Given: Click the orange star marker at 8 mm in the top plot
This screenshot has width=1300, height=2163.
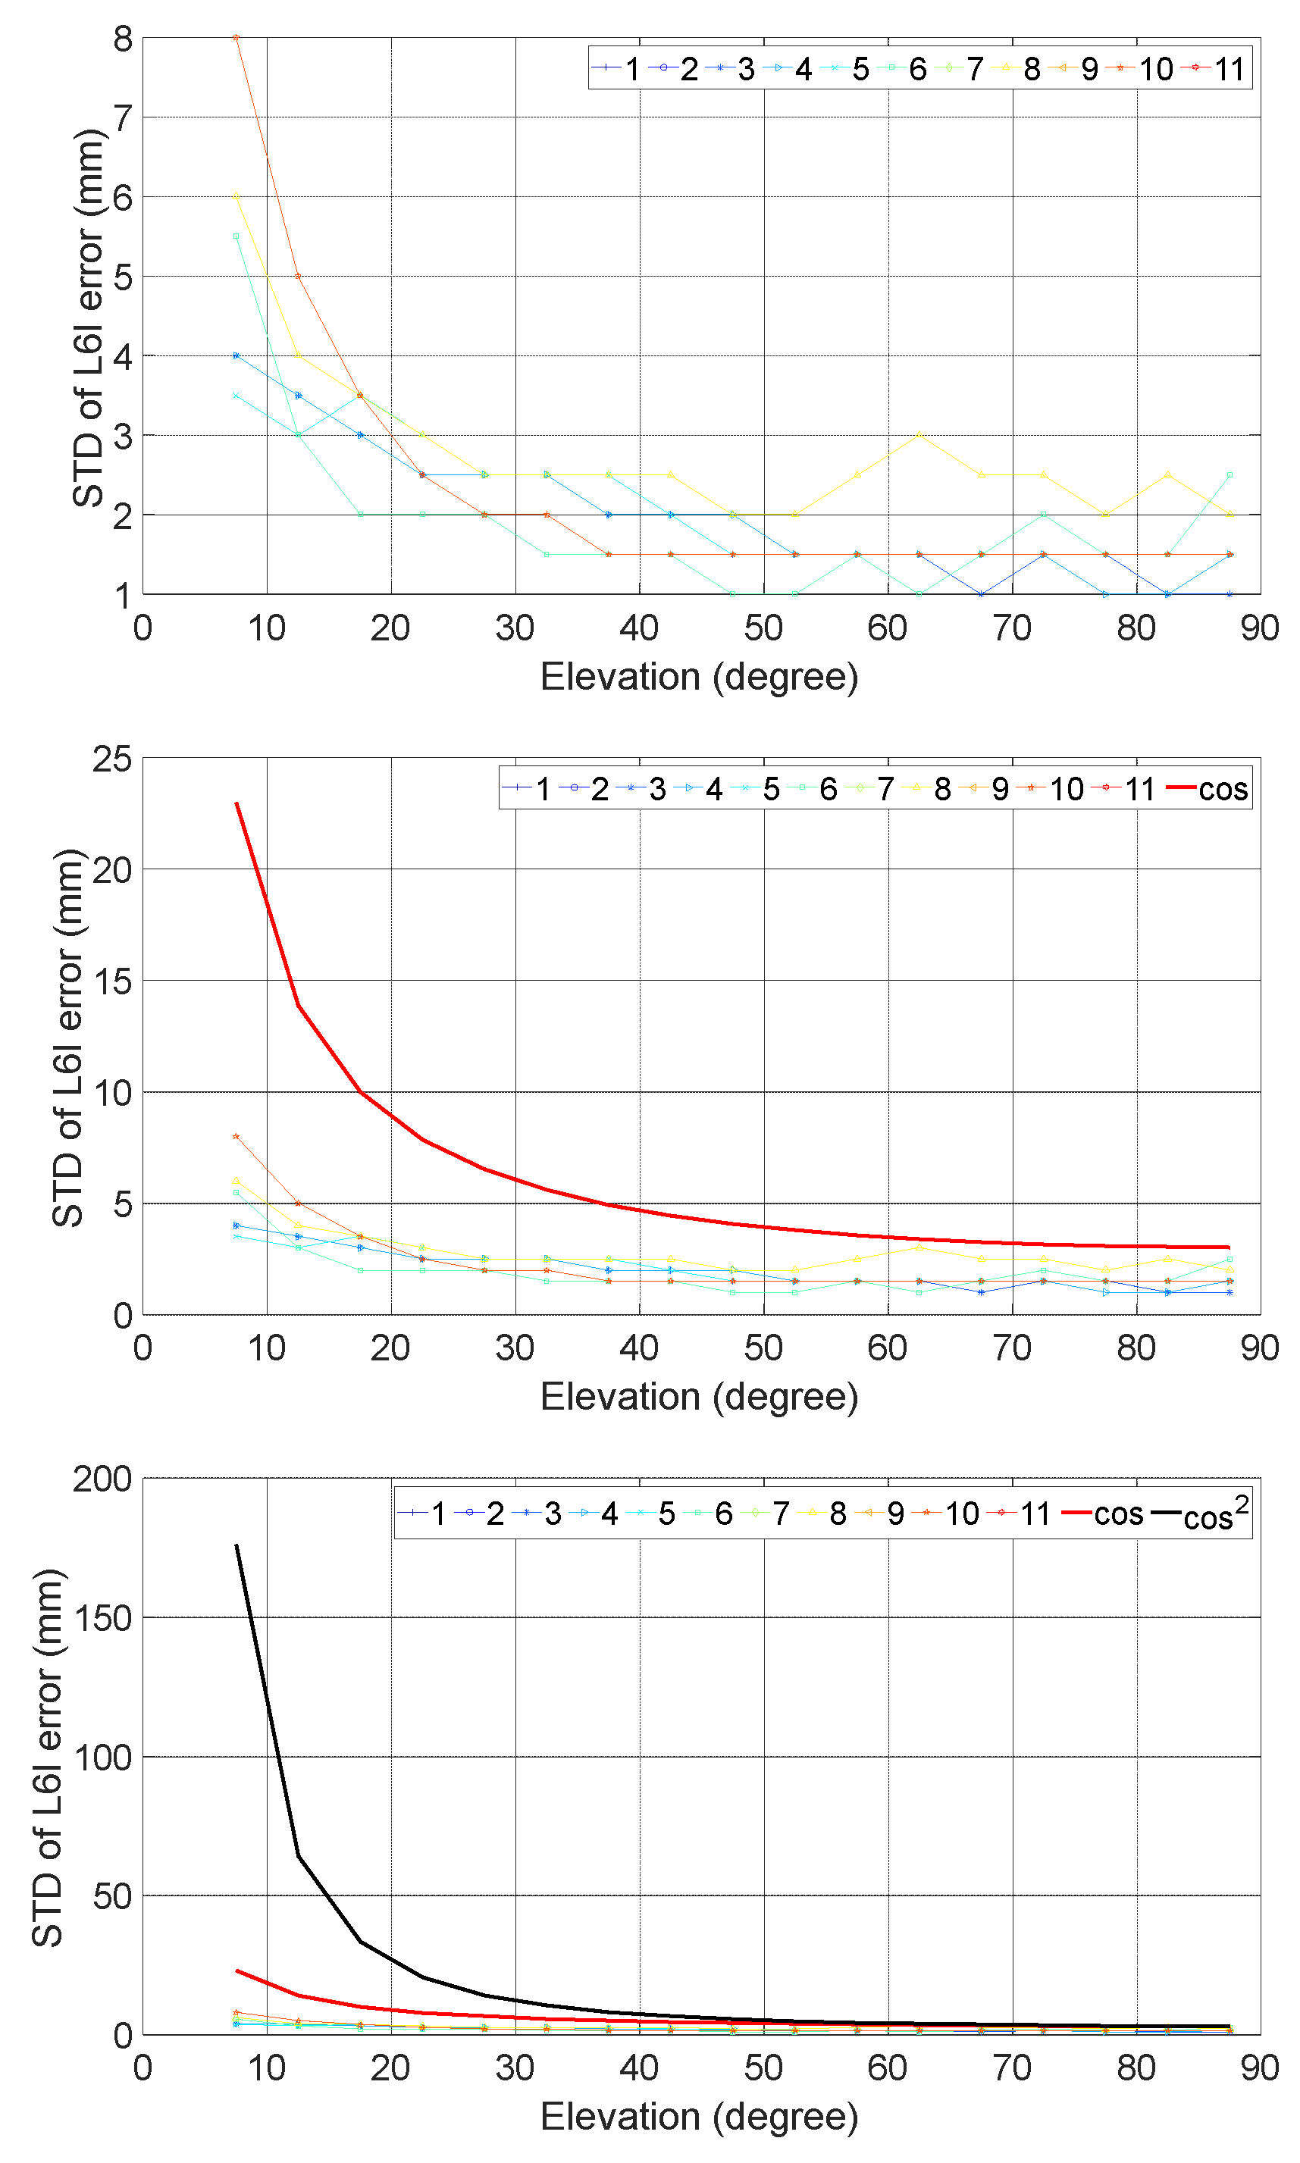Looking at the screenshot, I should [x=236, y=38].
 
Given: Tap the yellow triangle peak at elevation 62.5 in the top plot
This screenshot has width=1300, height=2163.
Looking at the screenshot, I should [x=919, y=434].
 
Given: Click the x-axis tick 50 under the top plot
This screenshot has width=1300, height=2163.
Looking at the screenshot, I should [x=763, y=628].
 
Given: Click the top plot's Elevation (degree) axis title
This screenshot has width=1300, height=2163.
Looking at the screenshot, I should [x=699, y=677].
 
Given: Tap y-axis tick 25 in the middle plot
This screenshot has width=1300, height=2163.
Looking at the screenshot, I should [x=112, y=759].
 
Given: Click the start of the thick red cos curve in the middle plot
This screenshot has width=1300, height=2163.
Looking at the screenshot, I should [x=237, y=803].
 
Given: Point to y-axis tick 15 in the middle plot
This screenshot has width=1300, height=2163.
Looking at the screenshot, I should [x=112, y=981].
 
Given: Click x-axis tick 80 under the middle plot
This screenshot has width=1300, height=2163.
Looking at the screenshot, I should [x=1136, y=1348].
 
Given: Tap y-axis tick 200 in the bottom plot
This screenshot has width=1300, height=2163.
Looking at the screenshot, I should [x=102, y=1479].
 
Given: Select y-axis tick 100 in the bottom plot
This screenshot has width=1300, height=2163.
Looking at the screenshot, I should [x=102, y=1758].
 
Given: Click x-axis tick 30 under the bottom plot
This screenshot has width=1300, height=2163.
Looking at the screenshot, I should [x=514, y=2068].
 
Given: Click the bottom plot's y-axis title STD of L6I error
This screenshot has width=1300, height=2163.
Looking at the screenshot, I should [x=49, y=1758].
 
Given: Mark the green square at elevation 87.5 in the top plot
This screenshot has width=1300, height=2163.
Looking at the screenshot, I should [x=1230, y=474].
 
